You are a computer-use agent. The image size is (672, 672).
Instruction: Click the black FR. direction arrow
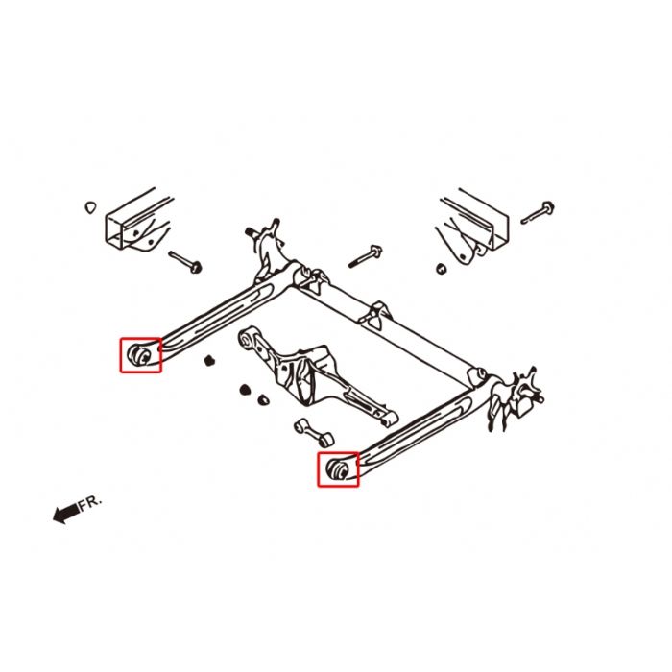pos(66,516)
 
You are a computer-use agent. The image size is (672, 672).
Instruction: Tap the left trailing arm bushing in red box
pos(140,354)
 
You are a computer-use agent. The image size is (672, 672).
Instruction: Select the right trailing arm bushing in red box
pos(338,469)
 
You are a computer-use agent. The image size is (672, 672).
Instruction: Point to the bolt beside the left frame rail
pos(182,259)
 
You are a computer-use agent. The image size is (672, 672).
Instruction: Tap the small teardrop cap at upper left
pos(90,205)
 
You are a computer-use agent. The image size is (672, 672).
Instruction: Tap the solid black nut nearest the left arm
pos(207,361)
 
